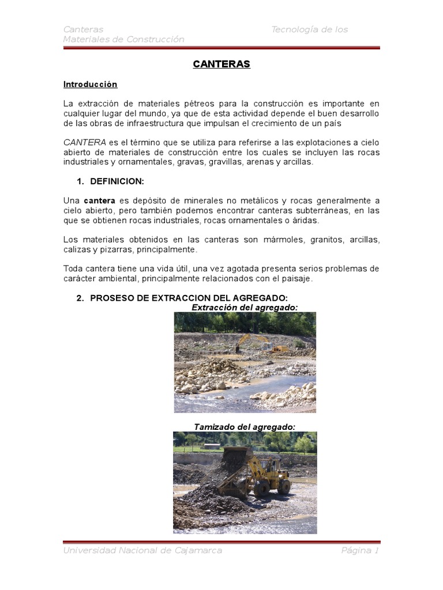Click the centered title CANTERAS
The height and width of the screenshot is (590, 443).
click(x=221, y=65)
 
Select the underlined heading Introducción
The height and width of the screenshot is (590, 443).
click(x=90, y=85)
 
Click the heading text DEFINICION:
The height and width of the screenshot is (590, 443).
click(x=117, y=181)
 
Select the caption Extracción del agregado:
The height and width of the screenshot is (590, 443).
click(x=245, y=307)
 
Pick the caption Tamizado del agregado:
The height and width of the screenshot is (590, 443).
click(x=245, y=427)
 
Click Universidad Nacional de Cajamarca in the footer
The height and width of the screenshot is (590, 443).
click(x=142, y=551)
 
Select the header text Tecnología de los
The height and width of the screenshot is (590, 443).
click(x=310, y=29)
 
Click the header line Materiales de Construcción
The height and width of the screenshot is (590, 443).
click(x=124, y=39)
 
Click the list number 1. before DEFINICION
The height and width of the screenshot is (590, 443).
click(x=80, y=181)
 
